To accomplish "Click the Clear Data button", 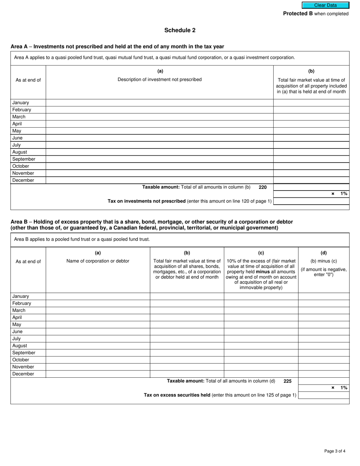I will tap(325, 5).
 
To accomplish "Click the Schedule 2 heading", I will tap(180, 30).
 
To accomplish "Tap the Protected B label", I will tap(298, 14).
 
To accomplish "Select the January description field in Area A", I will tap(160, 103).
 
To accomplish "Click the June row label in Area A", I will tap(17, 138).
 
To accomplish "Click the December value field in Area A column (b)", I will tap(311, 180).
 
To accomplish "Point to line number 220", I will tap(263, 187).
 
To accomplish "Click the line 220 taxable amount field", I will tap(311, 187).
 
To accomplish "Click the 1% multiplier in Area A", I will tap(344, 194).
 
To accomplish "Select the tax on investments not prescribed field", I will tap(311, 201).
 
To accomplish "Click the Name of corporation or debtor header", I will tap(98, 261).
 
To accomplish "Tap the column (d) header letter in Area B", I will tap(324, 253).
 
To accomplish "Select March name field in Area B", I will tap(98, 310).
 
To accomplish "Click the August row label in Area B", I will tap(20, 346).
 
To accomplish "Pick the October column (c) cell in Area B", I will tap(261, 360).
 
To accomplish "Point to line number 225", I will tap(288, 381).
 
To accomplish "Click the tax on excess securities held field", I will tap(324, 395).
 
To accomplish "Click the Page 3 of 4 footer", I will tap(335, 451).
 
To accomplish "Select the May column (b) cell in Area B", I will tap(187, 325).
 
